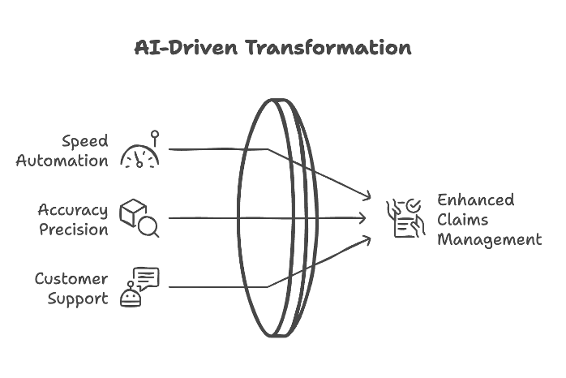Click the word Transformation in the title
(x=328, y=47)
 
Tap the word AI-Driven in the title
(x=187, y=47)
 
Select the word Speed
(x=85, y=141)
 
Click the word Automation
(x=62, y=161)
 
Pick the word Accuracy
(x=72, y=210)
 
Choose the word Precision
(x=74, y=230)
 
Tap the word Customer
(x=71, y=278)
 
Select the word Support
(x=78, y=299)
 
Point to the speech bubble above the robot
(x=147, y=279)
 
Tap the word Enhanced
(x=476, y=200)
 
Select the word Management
(x=490, y=240)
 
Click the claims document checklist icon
(x=405, y=218)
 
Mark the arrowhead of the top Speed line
(x=367, y=197)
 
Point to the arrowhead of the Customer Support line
(x=367, y=238)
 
